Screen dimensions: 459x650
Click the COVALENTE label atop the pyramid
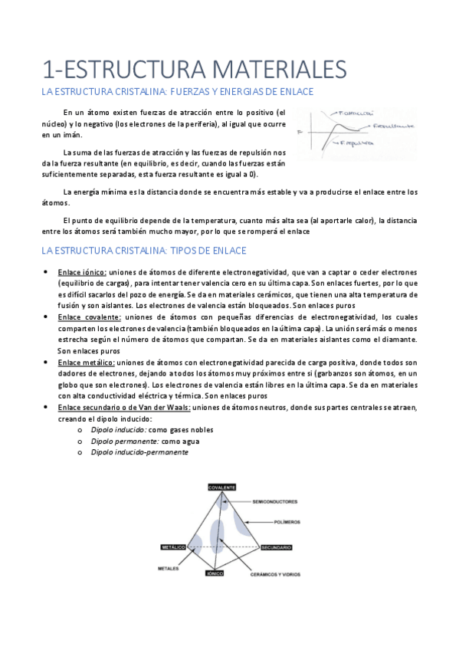point(221,487)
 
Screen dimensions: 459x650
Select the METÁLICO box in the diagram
point(172,547)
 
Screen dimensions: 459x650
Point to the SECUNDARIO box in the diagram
point(276,547)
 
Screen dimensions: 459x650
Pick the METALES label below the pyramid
point(169,569)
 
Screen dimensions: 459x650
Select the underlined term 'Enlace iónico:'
point(82,271)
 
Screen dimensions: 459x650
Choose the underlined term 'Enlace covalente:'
point(89,317)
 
